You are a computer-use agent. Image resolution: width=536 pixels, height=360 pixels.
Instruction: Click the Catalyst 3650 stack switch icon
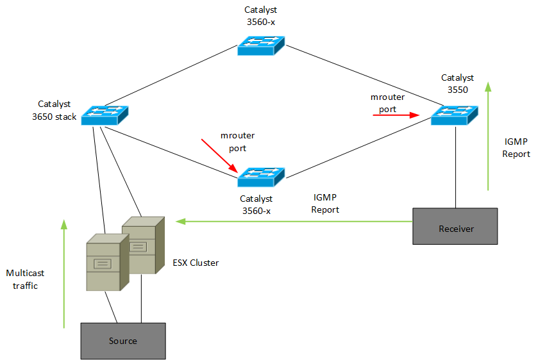(x=105, y=115)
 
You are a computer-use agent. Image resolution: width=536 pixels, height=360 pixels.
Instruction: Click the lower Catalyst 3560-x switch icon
(x=260, y=177)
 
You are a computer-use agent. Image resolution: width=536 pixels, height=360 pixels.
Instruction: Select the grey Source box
(x=122, y=340)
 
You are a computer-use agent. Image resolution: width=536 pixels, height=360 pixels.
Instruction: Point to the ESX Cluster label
(x=196, y=263)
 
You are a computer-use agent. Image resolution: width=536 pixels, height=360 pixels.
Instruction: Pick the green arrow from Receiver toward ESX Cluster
(x=295, y=222)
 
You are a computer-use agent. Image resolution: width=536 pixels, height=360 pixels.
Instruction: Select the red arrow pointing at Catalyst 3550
(x=396, y=116)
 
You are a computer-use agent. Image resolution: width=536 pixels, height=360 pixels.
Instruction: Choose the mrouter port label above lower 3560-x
(x=233, y=142)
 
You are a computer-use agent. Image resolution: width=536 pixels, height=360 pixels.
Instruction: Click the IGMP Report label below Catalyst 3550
(x=517, y=148)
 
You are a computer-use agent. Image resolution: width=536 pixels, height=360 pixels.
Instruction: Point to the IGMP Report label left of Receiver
(x=325, y=204)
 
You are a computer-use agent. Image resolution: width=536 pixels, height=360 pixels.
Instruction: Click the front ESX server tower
(x=104, y=262)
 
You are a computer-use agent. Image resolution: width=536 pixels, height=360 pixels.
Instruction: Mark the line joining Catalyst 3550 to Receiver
(x=455, y=167)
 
